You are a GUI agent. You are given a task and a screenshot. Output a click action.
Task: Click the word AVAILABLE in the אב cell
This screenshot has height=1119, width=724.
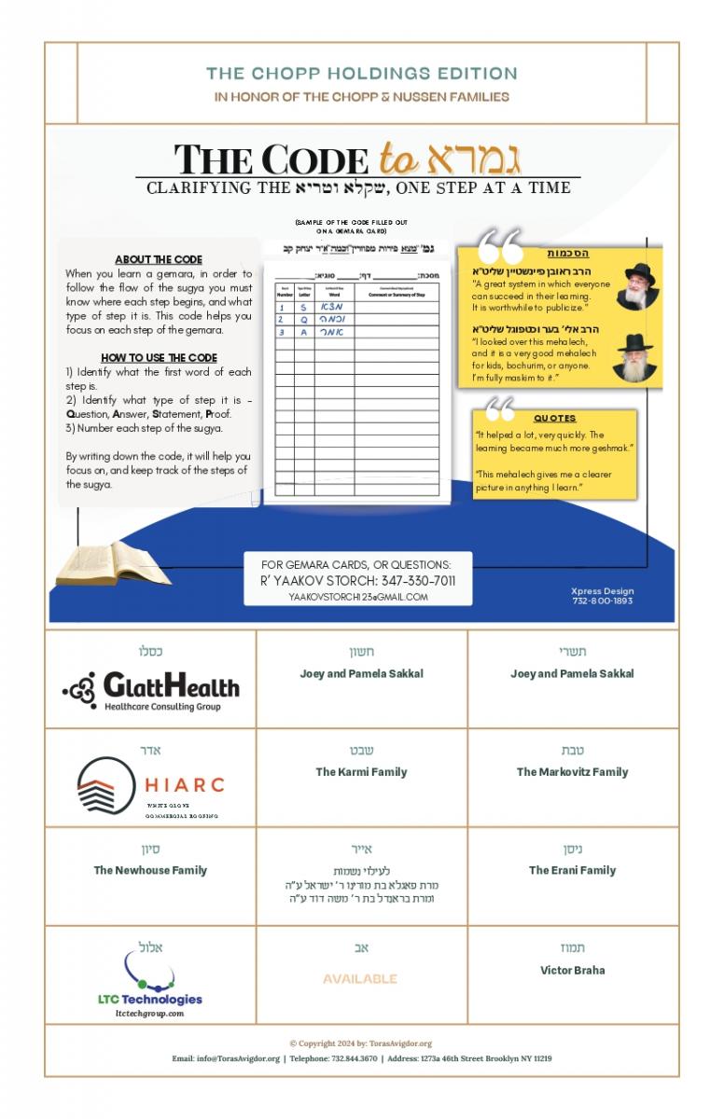click(x=360, y=979)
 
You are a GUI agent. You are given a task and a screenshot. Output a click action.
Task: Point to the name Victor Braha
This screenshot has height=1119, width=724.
click(x=572, y=970)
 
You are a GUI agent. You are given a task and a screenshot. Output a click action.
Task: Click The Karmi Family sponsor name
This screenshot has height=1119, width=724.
click(x=361, y=772)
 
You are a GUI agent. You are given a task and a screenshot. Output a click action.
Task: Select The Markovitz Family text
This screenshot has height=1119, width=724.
click(x=572, y=772)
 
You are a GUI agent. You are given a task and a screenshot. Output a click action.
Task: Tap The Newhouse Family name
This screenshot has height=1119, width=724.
click(x=150, y=871)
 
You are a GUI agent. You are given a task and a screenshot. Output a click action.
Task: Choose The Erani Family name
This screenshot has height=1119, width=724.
click(x=572, y=871)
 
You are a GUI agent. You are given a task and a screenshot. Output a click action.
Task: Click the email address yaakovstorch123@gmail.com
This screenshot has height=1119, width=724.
click(x=358, y=597)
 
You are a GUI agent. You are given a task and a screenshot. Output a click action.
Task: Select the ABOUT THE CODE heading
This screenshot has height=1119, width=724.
click(x=159, y=259)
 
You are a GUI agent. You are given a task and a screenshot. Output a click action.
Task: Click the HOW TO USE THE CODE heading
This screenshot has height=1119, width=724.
click(x=159, y=358)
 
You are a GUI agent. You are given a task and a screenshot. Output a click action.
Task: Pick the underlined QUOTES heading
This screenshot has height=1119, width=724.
click(x=554, y=419)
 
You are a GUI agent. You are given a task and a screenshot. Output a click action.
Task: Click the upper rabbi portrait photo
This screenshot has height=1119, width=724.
click(x=638, y=285)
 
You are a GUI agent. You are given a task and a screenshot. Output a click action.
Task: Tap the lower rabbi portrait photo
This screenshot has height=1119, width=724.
click(x=635, y=356)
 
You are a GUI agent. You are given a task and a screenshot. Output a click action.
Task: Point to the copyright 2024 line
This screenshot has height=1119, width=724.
click(x=361, y=1044)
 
